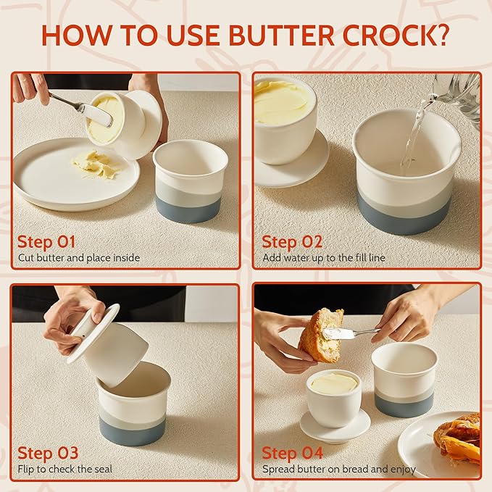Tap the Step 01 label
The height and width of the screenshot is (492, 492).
(x=46, y=241)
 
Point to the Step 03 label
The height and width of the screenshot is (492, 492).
(x=47, y=453)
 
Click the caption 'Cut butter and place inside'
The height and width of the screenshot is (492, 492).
(x=78, y=257)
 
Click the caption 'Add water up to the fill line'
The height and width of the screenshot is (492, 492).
(x=324, y=257)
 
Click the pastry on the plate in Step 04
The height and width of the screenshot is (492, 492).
(x=459, y=438)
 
